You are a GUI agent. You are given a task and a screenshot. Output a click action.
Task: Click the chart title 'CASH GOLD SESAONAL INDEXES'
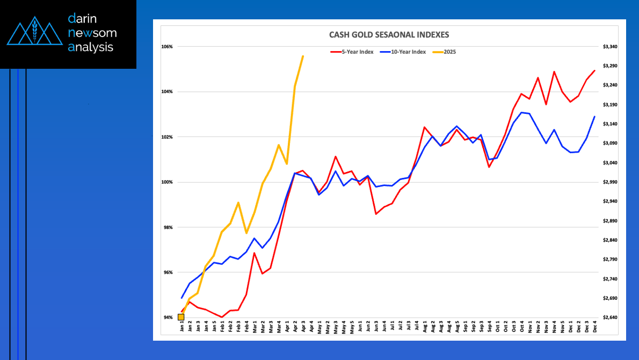pos(389,35)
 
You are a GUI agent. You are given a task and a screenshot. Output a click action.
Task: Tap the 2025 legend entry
pos(450,52)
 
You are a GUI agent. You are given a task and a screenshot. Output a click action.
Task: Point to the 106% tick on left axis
pos(166,47)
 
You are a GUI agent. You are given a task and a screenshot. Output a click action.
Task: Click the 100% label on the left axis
pos(166,182)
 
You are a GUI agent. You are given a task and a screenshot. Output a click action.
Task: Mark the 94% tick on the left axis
pos(168,318)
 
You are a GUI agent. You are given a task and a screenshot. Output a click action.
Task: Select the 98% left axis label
pos(168,227)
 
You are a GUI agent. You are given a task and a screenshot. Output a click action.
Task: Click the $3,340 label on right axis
pos(610,47)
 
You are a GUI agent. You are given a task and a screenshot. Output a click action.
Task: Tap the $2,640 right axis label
pos(610,318)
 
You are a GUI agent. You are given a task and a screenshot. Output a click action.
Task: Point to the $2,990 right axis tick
pos(610,182)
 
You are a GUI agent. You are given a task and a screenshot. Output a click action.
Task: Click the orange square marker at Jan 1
pos(181,317)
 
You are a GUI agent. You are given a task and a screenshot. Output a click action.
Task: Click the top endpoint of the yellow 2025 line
pos(303,56)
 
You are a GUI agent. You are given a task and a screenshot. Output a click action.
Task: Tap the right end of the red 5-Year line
pos(594,70)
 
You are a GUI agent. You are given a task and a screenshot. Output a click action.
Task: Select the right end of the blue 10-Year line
pos(594,117)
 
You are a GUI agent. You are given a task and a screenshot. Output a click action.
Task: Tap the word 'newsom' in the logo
pos(92,33)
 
